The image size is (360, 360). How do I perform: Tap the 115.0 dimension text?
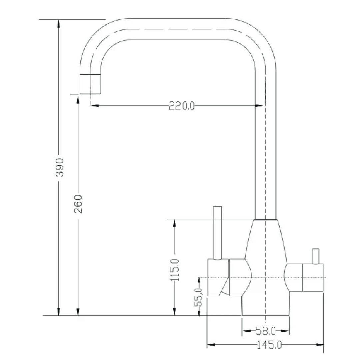pos(175,270)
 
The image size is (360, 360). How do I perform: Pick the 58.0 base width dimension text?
pos(266,331)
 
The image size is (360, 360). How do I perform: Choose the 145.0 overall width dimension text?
pos(269,345)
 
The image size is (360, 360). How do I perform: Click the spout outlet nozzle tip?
pos(90,84)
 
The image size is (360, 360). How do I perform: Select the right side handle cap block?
pos(313,277)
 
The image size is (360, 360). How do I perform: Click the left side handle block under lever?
pos(218,277)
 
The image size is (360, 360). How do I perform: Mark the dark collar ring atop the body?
pos(265,220)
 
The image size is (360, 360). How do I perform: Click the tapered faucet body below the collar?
pos(266,247)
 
